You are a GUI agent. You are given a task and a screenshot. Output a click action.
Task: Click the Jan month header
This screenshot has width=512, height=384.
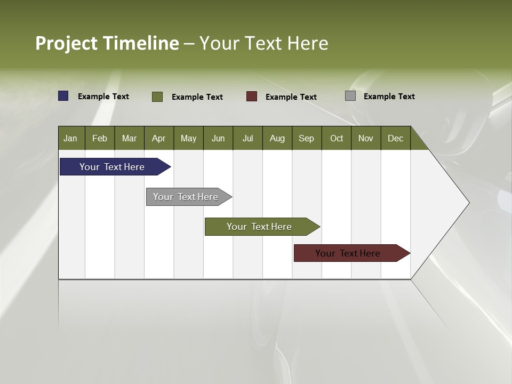(x=71, y=138)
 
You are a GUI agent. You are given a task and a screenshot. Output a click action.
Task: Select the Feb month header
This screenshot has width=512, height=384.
(x=100, y=138)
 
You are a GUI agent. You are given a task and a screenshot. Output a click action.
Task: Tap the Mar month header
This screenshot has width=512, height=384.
(x=129, y=138)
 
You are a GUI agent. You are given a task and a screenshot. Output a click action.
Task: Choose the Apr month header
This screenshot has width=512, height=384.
(x=159, y=138)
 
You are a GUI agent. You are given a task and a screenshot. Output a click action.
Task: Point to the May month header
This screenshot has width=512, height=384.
(x=188, y=138)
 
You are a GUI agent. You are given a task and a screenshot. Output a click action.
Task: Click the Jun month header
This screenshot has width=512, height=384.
(x=218, y=138)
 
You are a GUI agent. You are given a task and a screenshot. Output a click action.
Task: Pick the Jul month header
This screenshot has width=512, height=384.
(x=247, y=138)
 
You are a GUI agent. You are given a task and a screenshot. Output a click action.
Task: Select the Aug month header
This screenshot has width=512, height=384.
(x=277, y=138)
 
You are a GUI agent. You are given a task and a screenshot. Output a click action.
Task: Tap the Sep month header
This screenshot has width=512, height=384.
(x=307, y=138)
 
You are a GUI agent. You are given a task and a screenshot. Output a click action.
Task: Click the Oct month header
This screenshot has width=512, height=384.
(x=337, y=138)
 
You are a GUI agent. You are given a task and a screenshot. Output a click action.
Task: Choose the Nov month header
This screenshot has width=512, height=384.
(x=366, y=138)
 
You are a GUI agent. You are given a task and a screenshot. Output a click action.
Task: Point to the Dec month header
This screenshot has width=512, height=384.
(x=396, y=138)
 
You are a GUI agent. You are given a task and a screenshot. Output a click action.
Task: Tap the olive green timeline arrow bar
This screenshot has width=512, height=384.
(x=260, y=227)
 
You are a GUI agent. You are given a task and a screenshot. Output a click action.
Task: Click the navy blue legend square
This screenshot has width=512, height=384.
(x=63, y=96)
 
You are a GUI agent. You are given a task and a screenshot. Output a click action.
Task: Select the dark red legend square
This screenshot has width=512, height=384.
(x=252, y=97)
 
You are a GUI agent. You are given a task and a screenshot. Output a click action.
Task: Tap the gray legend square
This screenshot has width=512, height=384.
(x=350, y=96)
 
